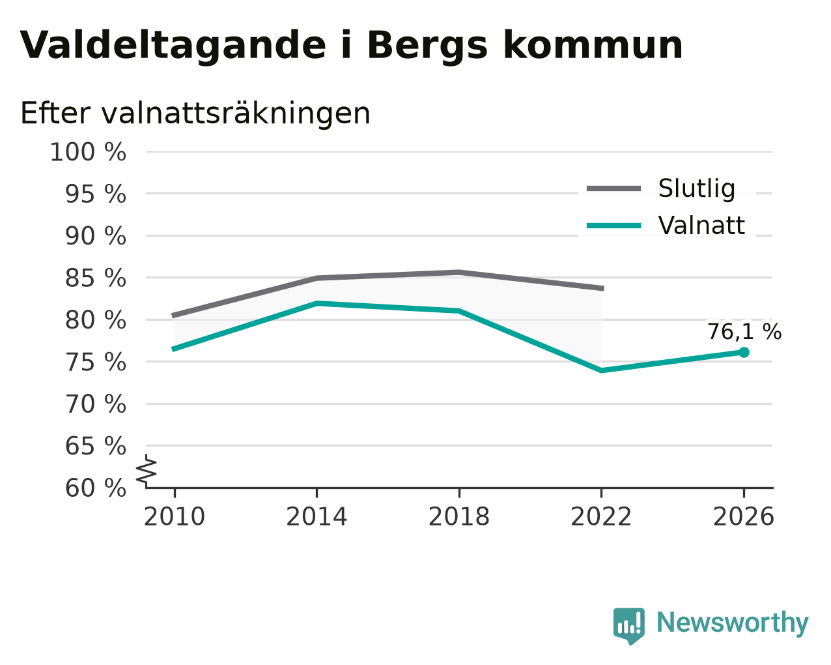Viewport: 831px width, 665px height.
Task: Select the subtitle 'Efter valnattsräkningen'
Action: (195, 113)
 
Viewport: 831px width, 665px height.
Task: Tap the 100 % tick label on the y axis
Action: (88, 152)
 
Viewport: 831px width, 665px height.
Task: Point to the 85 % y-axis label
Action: (95, 278)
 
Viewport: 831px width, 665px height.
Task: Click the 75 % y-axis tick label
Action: (95, 362)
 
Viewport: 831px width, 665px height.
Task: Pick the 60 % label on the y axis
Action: (95, 488)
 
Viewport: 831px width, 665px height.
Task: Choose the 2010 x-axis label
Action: (175, 517)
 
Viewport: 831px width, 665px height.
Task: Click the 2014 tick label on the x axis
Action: (317, 517)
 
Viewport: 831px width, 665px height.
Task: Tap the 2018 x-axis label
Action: (459, 517)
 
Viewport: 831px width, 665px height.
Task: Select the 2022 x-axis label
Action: (601, 517)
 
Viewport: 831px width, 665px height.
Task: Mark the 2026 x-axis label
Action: (744, 517)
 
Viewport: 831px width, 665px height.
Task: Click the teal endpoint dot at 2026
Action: (744, 352)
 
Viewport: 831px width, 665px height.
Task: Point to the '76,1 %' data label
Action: (744, 332)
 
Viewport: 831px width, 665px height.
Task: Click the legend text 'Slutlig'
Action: (697, 188)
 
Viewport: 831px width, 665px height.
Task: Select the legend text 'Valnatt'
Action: (701, 226)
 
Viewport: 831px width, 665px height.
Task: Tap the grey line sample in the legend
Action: (614, 188)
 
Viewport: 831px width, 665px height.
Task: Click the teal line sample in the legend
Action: (614, 226)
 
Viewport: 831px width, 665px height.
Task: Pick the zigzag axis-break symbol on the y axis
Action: (147, 470)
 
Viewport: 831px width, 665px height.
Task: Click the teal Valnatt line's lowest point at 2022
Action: (601, 371)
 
